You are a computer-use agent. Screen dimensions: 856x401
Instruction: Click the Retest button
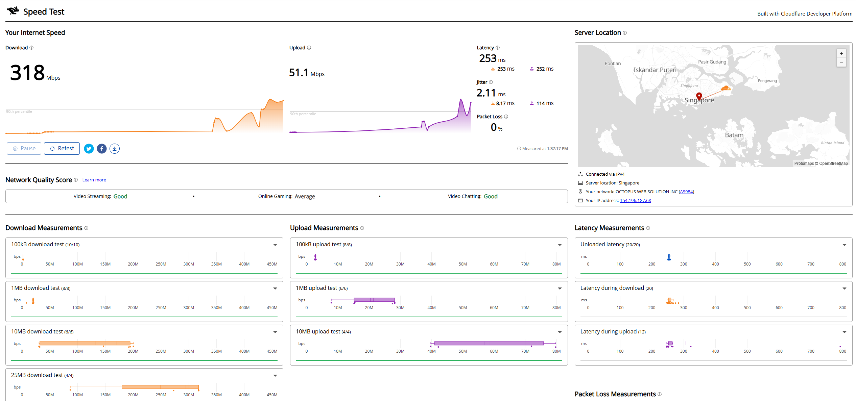[62, 148]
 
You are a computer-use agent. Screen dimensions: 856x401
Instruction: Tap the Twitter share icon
[89, 149]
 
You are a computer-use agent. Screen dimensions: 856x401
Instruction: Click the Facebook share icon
[102, 149]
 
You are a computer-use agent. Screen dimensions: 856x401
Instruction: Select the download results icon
[115, 149]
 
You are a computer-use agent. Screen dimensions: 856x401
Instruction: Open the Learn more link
[94, 180]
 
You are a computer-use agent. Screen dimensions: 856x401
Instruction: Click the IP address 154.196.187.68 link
[635, 200]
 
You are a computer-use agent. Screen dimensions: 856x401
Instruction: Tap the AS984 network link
[686, 192]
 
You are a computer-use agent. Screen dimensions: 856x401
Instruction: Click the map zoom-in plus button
[841, 53]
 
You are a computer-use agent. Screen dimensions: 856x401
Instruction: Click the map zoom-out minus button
[841, 62]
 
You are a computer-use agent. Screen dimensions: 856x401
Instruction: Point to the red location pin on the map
[699, 96]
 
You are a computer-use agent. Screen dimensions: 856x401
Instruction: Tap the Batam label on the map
[734, 135]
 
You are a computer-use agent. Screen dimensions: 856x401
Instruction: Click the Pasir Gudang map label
[712, 62]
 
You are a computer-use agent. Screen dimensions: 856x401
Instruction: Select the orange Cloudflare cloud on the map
[726, 88]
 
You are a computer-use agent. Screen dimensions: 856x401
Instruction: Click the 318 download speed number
[27, 72]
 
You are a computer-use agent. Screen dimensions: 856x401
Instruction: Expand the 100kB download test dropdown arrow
[275, 245]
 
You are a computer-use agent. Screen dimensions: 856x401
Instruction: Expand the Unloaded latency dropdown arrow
[845, 245]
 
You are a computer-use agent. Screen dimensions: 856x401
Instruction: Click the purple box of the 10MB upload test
[489, 343]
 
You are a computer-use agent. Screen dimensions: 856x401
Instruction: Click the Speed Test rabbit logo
[13, 11]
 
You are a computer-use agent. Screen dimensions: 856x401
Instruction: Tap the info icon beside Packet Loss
[506, 117]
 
